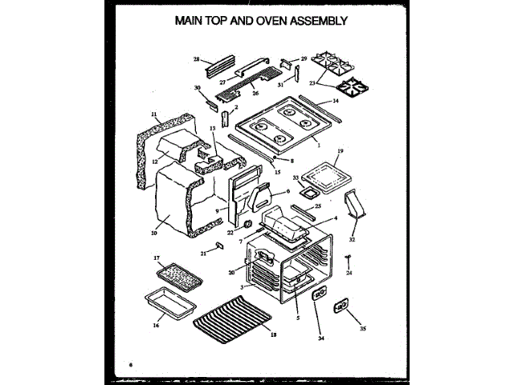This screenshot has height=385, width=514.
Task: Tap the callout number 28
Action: click(x=196, y=59)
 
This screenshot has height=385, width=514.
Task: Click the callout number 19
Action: click(x=341, y=151)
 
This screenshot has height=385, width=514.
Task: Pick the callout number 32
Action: click(x=351, y=238)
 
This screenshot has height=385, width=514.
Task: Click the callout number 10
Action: click(x=153, y=233)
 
